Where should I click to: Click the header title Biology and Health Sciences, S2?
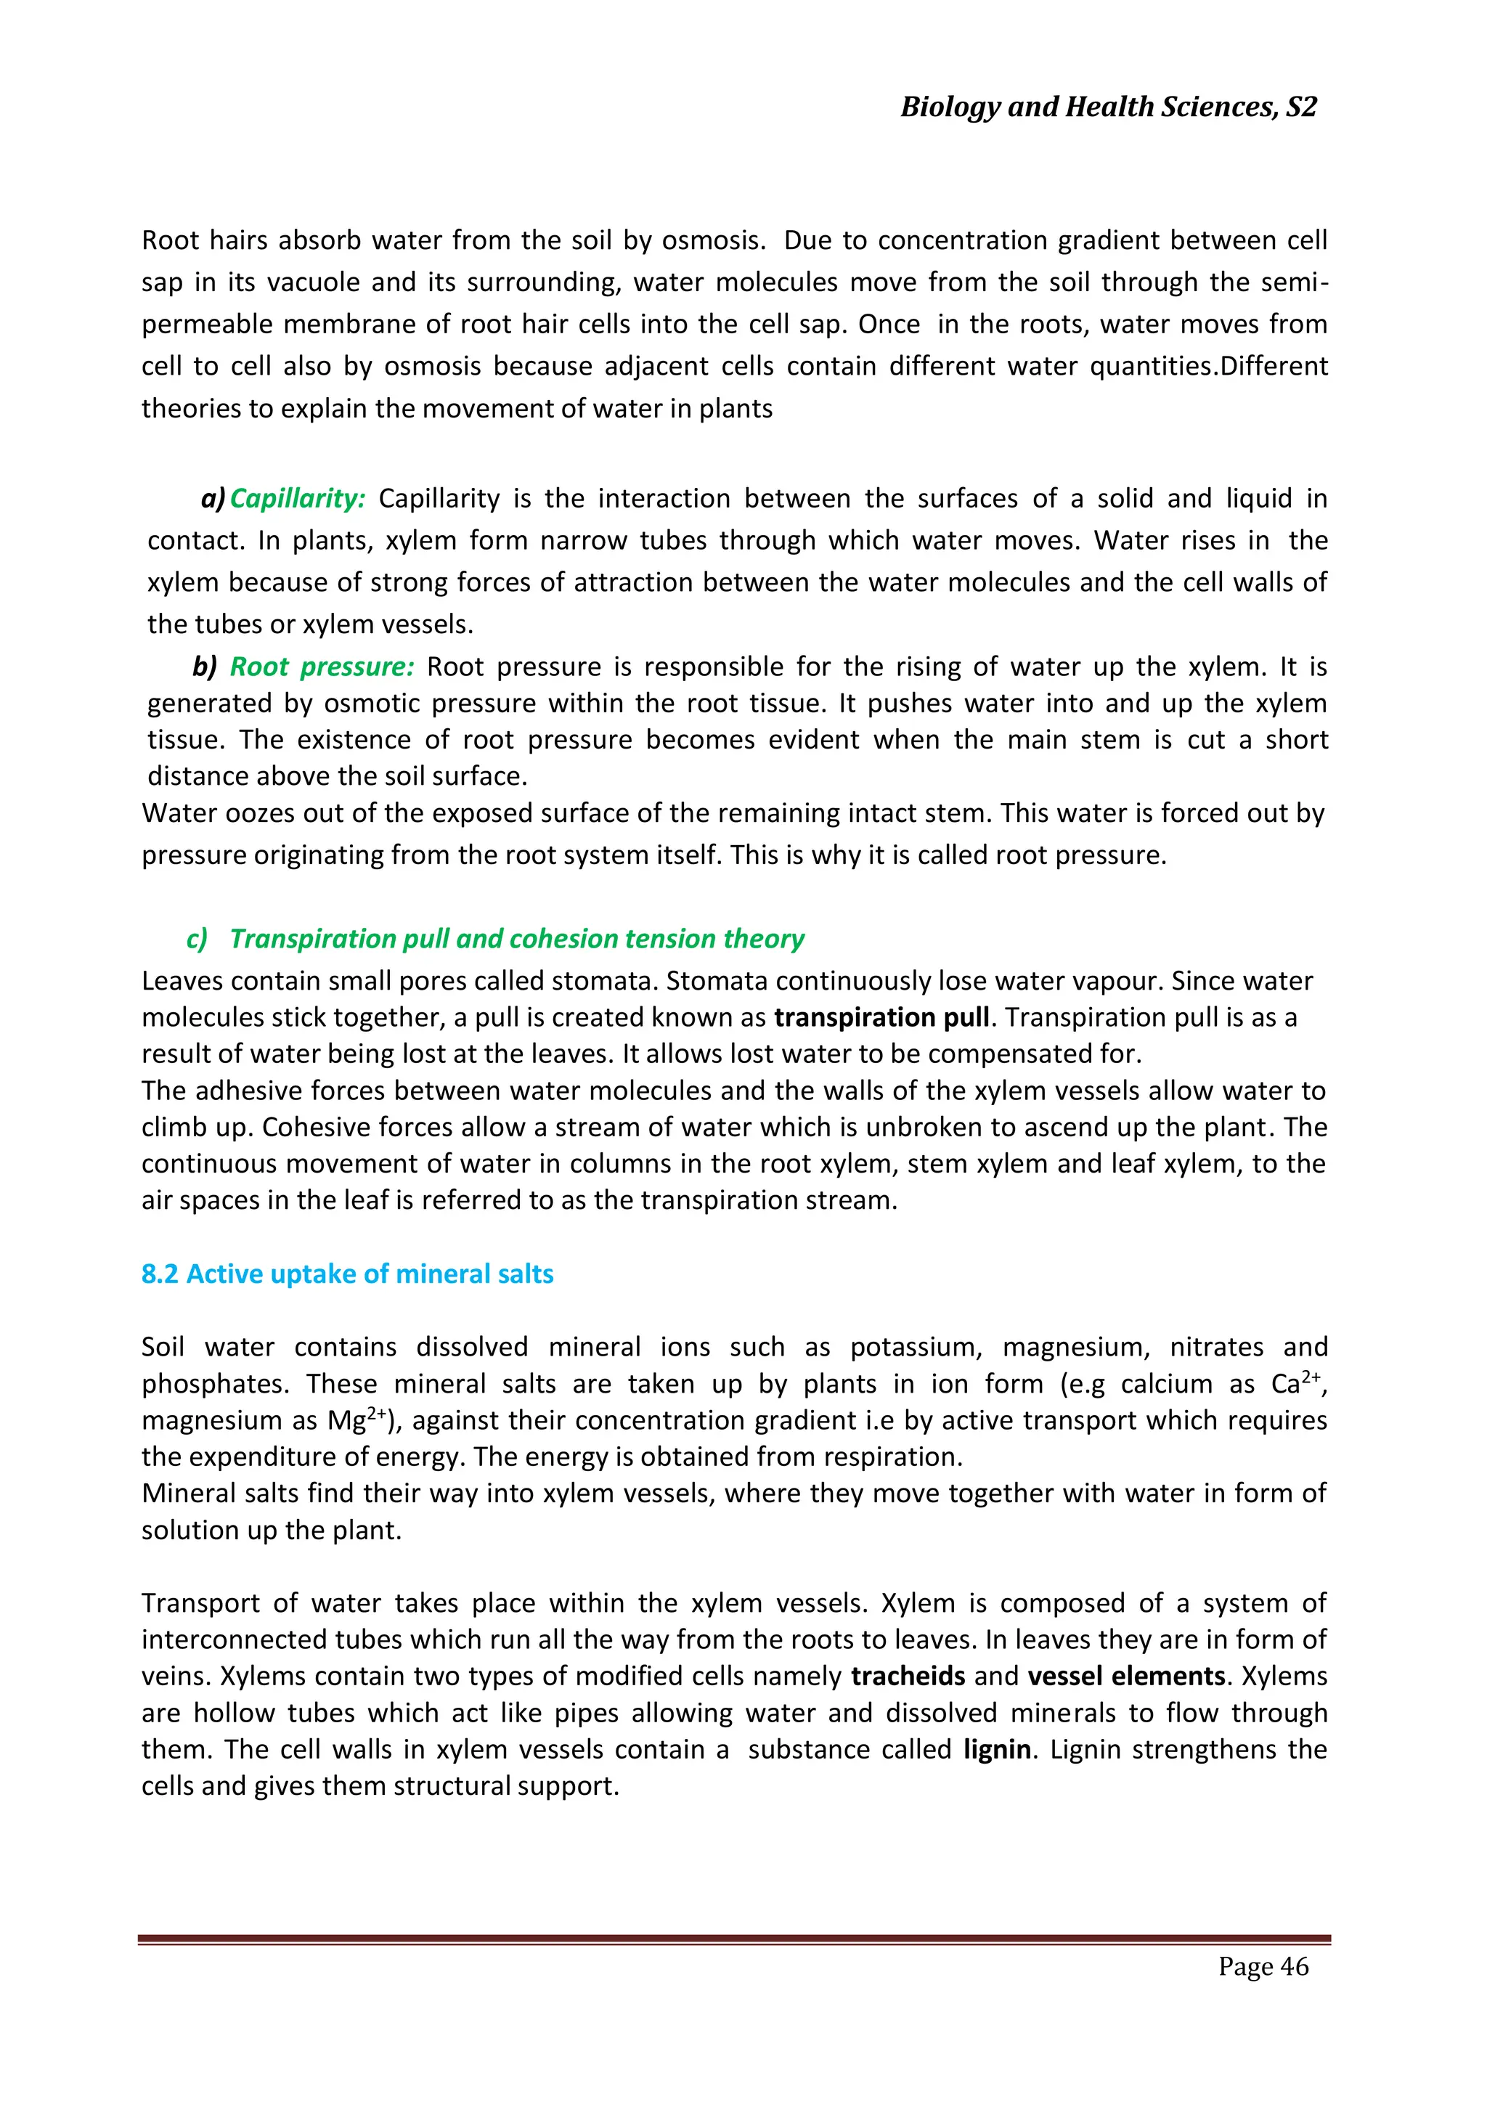pyautogui.click(x=1108, y=107)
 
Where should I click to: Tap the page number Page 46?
pyautogui.click(x=1263, y=1965)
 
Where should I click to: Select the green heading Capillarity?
pyautogui.click(x=298, y=498)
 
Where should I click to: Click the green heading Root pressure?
pyautogui.click(x=322, y=667)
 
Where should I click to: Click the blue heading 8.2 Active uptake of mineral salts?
pyautogui.click(x=347, y=1274)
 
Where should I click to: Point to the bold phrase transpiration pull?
pyautogui.click(x=881, y=1017)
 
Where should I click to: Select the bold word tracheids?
pyautogui.click(x=908, y=1675)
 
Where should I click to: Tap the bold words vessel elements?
pyautogui.click(x=1125, y=1675)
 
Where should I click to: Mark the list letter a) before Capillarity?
pyautogui.click(x=213, y=498)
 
